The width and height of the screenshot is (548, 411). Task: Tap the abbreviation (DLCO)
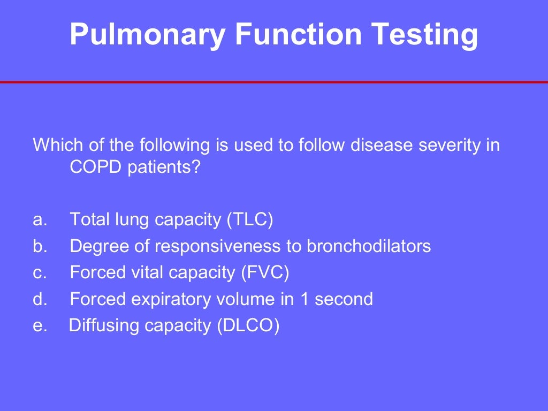[248, 325]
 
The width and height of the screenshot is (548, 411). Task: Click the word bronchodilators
[369, 246]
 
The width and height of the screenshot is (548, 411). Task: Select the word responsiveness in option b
[224, 246]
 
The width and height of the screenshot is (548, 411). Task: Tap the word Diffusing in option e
[103, 325]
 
